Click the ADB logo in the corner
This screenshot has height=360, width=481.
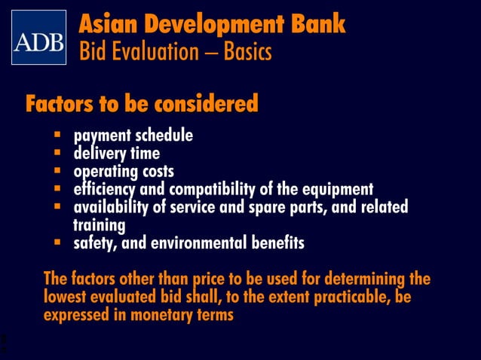[38, 38]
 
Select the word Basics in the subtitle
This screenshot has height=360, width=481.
[244, 53]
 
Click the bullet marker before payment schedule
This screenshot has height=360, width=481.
[57, 136]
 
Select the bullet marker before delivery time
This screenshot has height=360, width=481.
[57, 153]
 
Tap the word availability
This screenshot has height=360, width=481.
[110, 207]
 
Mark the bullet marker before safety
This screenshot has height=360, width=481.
[57, 243]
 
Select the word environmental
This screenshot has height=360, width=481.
[204, 243]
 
